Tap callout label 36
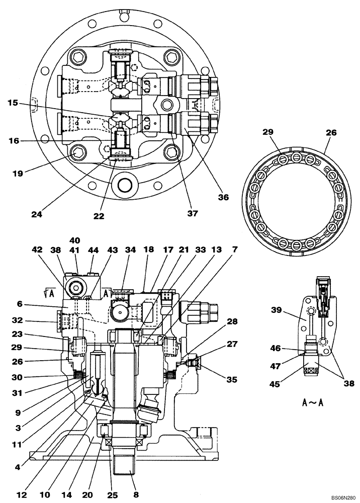[x=224, y=198]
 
